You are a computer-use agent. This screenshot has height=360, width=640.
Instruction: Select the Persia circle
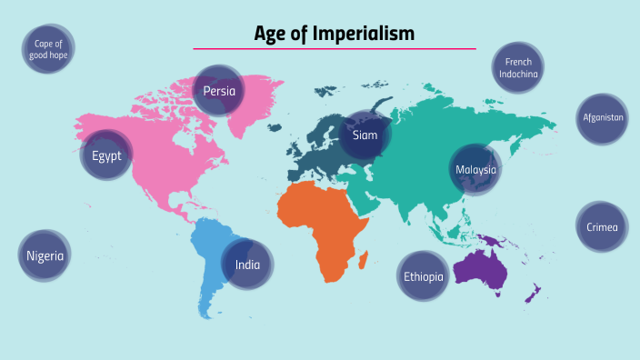[x=219, y=91]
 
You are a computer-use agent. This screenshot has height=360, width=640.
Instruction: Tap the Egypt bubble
[x=106, y=155]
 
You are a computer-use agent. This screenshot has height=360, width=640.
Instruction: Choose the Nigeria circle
[x=45, y=255]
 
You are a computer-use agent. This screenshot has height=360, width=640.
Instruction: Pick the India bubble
[x=248, y=265]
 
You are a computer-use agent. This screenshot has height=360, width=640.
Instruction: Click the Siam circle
[x=365, y=135]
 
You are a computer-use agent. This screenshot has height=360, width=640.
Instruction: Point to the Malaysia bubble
[x=476, y=169]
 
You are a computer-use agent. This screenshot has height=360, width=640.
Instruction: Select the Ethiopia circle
[x=424, y=275]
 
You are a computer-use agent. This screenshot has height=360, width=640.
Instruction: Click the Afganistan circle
[x=603, y=118]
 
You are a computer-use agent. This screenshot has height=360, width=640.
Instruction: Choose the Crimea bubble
[x=602, y=226]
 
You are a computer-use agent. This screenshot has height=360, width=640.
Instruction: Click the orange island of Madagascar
[x=364, y=260]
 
